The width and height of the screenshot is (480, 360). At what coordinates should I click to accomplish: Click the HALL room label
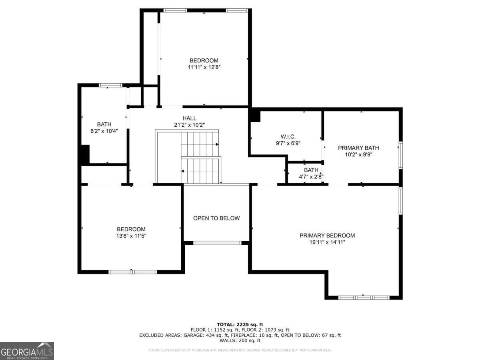click(189, 118)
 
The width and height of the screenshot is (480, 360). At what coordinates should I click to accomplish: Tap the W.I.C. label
click(288, 137)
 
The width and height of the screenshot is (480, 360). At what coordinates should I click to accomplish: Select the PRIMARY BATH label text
click(358, 148)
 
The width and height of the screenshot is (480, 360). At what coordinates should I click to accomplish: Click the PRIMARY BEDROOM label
click(327, 235)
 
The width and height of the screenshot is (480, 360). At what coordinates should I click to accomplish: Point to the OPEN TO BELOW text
click(216, 218)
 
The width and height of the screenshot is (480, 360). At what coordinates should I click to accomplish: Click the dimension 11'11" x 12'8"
click(204, 67)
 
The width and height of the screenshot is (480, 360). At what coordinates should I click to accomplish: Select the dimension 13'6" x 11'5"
click(131, 236)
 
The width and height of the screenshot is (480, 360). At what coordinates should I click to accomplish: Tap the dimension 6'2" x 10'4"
click(104, 131)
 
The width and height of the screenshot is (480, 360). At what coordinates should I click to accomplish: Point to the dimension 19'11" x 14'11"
click(327, 242)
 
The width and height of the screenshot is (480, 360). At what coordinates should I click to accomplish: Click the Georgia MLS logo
click(27, 351)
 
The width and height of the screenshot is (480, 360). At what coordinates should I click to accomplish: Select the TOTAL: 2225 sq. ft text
click(240, 324)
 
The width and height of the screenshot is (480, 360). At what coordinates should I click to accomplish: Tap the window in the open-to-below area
click(217, 242)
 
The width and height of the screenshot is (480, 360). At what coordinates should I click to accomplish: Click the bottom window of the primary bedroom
click(364, 298)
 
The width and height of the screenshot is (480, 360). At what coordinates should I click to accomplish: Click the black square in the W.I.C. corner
click(255, 116)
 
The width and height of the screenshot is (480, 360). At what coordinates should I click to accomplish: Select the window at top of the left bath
click(110, 85)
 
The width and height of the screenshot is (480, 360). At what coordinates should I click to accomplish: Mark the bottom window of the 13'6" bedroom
click(133, 272)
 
